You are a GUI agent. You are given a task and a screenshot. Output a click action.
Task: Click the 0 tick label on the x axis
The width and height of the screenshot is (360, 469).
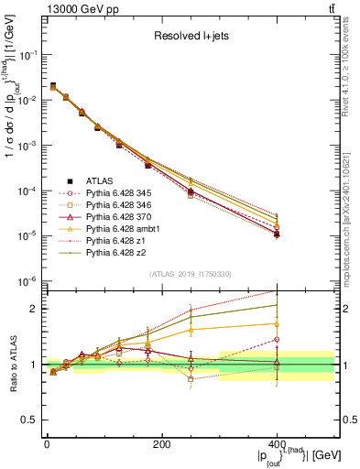coord(47,445)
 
